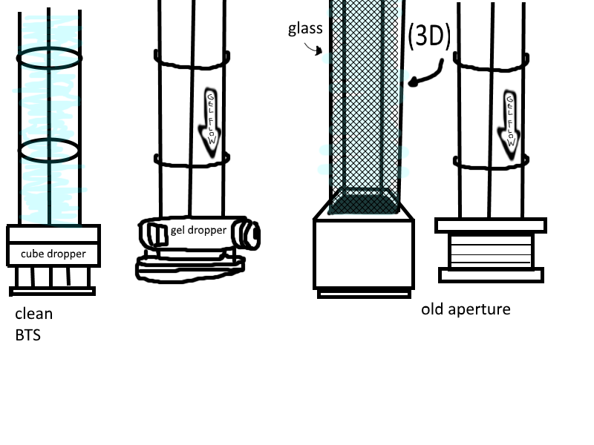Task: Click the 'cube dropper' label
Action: [x=53, y=254]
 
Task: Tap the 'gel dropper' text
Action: [x=198, y=230]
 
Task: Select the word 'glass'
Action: [x=304, y=29]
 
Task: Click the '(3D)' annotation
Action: [x=428, y=37]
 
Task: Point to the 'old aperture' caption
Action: [x=466, y=309]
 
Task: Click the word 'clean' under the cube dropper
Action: [x=33, y=314]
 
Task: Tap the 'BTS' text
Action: [x=27, y=334]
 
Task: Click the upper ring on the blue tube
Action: [x=50, y=57]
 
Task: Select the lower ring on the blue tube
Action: [x=49, y=151]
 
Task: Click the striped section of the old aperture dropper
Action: [x=491, y=251]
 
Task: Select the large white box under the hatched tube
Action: [x=363, y=252]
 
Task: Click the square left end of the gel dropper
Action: [x=157, y=234]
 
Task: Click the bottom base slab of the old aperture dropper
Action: [x=491, y=275]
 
